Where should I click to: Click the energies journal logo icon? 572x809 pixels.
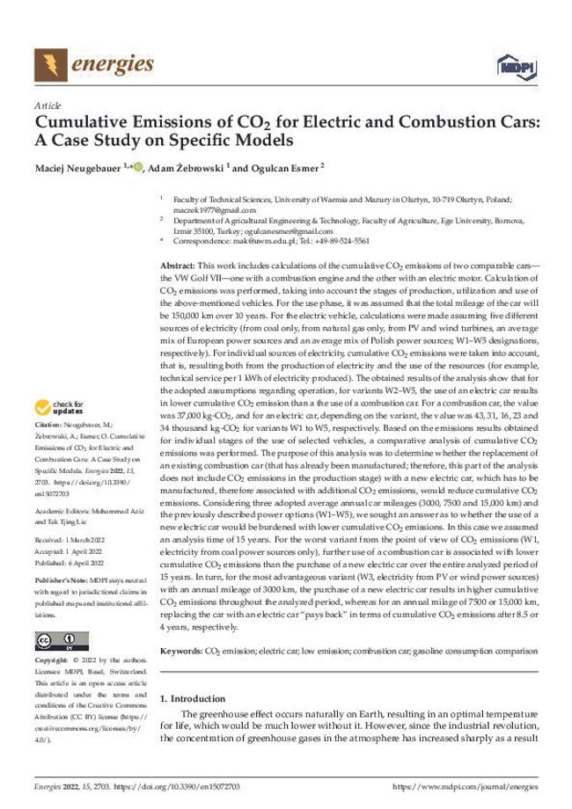coord(50,64)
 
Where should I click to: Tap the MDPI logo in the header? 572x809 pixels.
coord(511,65)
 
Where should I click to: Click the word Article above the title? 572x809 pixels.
coord(46,104)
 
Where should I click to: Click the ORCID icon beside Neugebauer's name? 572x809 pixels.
coord(138,164)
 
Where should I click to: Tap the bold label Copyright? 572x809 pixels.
coord(53,660)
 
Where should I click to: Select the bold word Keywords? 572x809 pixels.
coord(181,652)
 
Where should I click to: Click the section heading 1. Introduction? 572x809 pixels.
coord(193,699)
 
